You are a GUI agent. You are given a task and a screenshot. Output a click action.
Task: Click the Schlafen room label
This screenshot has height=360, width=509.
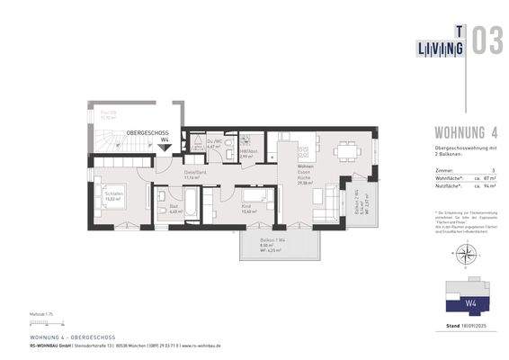[x=113, y=196]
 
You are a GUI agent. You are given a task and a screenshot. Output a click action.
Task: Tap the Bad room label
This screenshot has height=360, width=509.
[x=174, y=209]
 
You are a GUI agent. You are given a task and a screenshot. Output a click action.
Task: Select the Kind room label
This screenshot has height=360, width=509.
[x=248, y=209]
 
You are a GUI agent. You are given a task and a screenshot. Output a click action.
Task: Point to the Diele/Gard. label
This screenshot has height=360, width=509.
[x=196, y=175]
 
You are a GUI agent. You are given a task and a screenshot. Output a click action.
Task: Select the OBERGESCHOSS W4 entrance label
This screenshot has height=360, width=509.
[x=147, y=135]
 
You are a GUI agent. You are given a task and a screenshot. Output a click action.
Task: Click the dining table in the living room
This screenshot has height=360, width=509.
[x=347, y=151]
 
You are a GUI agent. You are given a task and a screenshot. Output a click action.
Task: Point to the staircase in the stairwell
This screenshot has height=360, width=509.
[x=112, y=141]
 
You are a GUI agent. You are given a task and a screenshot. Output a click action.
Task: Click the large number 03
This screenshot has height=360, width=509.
[x=487, y=42]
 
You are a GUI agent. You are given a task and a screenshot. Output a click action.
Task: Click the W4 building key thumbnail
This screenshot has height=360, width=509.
[x=468, y=294]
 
